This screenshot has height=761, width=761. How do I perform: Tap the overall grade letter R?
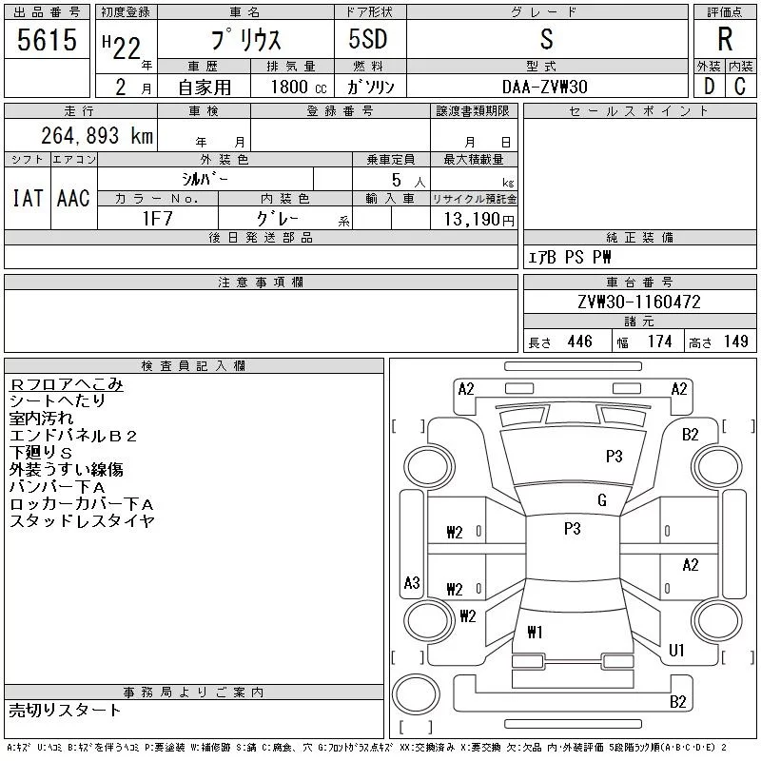click(x=725, y=41)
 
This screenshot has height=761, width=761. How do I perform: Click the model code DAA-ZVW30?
click(x=545, y=87)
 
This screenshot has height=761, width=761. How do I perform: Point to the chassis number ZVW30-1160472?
click(x=639, y=302)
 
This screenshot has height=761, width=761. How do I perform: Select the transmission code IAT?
click(x=27, y=198)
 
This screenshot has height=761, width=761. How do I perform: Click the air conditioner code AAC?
click(x=73, y=198)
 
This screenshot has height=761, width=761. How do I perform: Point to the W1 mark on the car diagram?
click(x=534, y=631)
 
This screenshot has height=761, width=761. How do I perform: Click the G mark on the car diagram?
click(x=601, y=500)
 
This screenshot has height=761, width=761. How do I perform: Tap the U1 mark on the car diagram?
click(x=677, y=651)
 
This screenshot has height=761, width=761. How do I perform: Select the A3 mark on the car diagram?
click(x=412, y=582)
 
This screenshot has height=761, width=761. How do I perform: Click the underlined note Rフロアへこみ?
click(x=67, y=384)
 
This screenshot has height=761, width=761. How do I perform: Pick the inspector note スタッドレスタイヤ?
click(x=82, y=521)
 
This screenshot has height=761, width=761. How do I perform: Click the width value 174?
click(x=658, y=341)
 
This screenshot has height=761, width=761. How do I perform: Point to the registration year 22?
click(x=125, y=41)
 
